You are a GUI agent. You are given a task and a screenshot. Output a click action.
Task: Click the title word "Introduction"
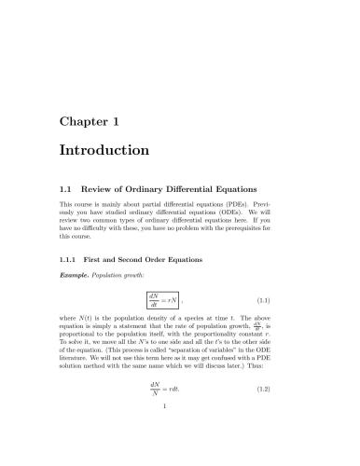[104, 149]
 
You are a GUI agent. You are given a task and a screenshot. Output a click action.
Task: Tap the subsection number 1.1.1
[69, 258]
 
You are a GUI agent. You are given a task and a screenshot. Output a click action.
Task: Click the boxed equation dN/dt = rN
[161, 301]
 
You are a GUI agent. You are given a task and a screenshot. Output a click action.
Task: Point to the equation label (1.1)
[289, 301]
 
